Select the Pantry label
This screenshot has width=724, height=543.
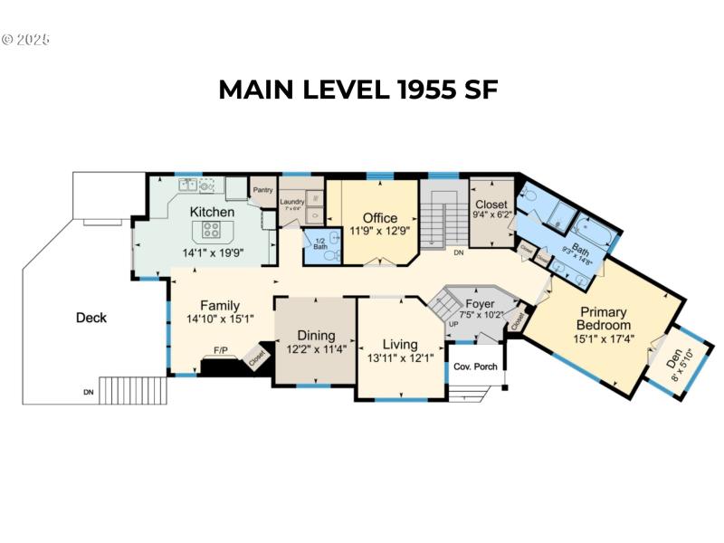(263, 190)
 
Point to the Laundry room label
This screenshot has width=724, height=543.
(291, 202)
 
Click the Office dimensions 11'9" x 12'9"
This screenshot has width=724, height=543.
(379, 231)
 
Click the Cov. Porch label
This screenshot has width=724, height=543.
(475, 367)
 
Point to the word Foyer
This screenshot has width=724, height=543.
(479, 303)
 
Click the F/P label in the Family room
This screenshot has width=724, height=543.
(220, 349)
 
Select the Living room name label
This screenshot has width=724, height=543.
(400, 344)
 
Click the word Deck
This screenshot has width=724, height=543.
(91, 318)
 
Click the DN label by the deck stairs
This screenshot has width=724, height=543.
(87, 393)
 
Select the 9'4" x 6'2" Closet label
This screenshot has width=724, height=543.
(493, 216)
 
